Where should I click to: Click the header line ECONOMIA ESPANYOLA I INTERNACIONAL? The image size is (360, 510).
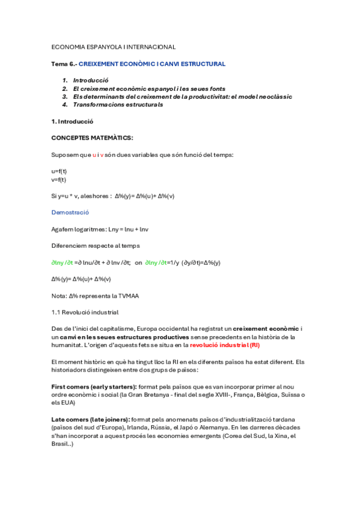click(x=114, y=47)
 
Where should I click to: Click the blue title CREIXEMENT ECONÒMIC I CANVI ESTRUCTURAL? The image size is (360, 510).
click(x=152, y=64)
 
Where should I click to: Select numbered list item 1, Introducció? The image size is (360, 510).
click(x=90, y=80)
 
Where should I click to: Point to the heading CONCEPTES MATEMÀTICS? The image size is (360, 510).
click(x=93, y=138)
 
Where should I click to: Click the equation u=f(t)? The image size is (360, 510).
click(x=59, y=171)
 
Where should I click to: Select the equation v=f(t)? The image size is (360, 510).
click(x=59, y=179)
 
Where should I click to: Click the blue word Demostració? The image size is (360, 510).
click(x=70, y=212)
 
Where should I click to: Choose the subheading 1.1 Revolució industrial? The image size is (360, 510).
click(x=85, y=312)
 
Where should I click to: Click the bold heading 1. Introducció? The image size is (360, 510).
click(x=73, y=121)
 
